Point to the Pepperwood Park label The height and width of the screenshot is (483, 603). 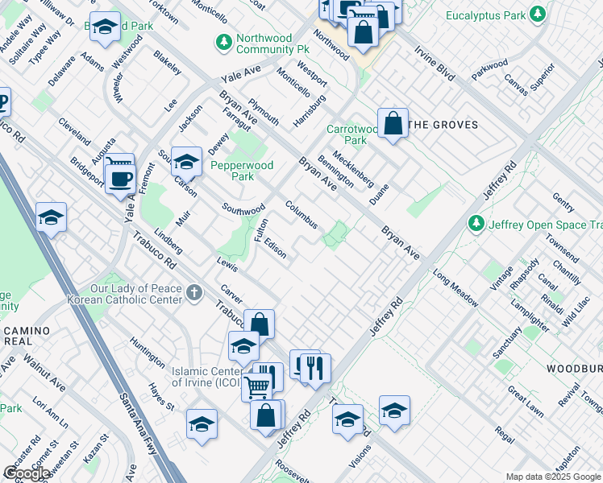pos(242,171)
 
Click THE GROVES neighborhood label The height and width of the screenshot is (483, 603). pos(443,125)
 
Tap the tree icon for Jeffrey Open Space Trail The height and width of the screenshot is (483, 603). pos(477,223)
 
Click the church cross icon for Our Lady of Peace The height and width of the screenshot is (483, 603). pos(193,294)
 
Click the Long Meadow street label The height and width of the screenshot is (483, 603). pos(455,289)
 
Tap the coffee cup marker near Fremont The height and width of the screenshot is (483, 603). pos(121,178)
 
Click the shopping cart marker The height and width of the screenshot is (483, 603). pos(256,386)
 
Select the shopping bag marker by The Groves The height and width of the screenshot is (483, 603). pos(393,124)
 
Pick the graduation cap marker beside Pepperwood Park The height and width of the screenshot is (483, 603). pos(186,162)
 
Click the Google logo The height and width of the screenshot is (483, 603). pos(27,473)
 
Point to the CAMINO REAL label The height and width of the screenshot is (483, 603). pos(26,336)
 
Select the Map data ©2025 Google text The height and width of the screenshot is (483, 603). pos(553,477)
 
